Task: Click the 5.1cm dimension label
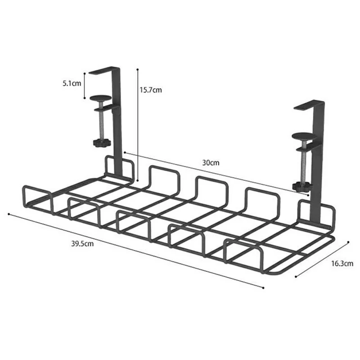click(x=72, y=83)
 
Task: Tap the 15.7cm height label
click(x=150, y=90)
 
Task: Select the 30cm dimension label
click(x=210, y=163)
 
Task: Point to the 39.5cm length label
click(x=82, y=244)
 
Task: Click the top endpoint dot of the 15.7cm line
click(x=137, y=69)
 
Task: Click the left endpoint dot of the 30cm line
click(x=124, y=153)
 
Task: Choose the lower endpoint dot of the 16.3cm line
click(x=295, y=276)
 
